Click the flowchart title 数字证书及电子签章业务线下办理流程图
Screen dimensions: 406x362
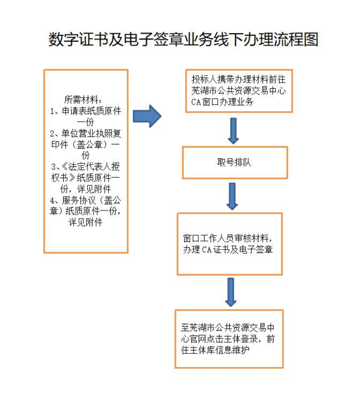[x=183, y=39]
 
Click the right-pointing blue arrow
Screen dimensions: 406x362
[x=147, y=116]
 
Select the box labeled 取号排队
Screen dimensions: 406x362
[x=234, y=162]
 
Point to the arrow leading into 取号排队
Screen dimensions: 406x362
[x=232, y=131]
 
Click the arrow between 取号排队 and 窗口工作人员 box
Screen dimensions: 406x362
[x=232, y=196]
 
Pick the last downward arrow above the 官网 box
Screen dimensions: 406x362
[x=231, y=292]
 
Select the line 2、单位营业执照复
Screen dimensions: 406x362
[x=86, y=133]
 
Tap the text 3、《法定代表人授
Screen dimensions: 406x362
[x=86, y=166]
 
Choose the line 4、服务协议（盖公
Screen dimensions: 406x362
[x=86, y=200]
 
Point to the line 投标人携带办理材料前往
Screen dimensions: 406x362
[x=239, y=79]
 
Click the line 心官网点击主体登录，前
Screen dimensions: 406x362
[x=228, y=339]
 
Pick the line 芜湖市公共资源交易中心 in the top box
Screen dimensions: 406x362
[x=239, y=91]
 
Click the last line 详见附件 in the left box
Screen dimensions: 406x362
[x=85, y=222]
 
